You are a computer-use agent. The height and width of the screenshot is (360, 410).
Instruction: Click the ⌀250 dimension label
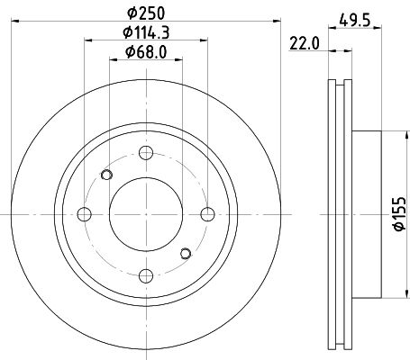pos(146,13)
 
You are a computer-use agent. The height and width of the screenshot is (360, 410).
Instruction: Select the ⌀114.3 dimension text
pos(146,32)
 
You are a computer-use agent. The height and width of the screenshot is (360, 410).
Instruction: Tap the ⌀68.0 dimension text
pos(146,52)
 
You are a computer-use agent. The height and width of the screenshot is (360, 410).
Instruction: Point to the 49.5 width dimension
pos(355,21)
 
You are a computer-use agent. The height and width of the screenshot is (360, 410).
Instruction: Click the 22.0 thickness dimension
pos(305,44)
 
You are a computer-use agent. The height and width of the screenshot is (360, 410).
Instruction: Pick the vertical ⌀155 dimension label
pos(400,214)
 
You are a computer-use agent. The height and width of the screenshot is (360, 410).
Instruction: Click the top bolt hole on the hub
pos(146,153)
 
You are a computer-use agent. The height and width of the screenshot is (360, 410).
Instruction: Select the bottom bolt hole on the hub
pos(146,276)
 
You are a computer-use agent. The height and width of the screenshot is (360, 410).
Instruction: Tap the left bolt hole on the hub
pos(84,214)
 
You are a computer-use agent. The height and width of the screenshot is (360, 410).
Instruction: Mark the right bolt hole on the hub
pos(207,214)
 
